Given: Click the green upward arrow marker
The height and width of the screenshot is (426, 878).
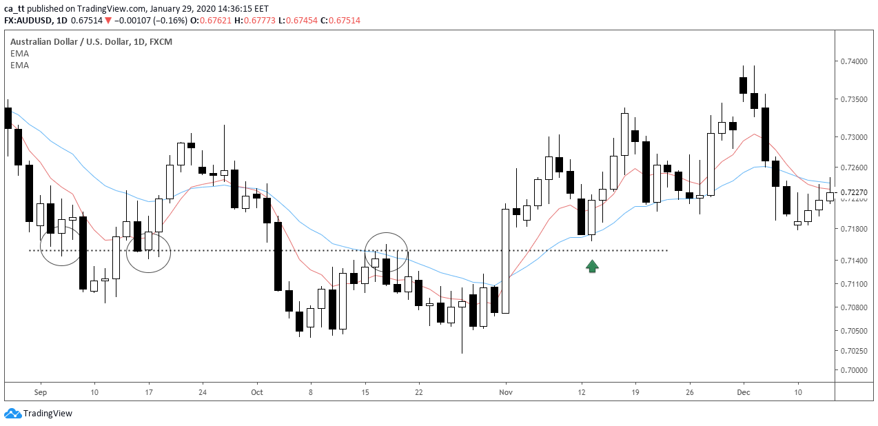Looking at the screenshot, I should coord(592,266).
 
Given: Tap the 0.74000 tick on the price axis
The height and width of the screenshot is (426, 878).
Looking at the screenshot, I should coord(854,62).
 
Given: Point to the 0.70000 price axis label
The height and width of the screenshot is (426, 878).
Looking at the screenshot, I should coord(854,370).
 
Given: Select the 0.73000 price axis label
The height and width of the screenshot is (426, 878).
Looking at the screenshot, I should coord(854,137).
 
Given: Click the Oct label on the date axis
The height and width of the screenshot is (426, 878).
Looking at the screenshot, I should coord(257,392).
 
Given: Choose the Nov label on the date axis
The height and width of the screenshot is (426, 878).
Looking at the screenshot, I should coord(506,392).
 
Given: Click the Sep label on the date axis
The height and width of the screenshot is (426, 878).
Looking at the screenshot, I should coord(39,392).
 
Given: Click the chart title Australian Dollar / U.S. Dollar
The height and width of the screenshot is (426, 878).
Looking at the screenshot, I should coord(71,42).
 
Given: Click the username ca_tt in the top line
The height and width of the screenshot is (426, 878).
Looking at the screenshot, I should coord(13,8).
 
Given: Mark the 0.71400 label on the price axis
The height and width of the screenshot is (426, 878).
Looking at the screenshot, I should coord(854,261).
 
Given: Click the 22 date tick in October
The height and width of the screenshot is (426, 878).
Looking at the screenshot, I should coord(418,392).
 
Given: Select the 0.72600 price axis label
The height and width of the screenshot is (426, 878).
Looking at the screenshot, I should coord(854,168).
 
